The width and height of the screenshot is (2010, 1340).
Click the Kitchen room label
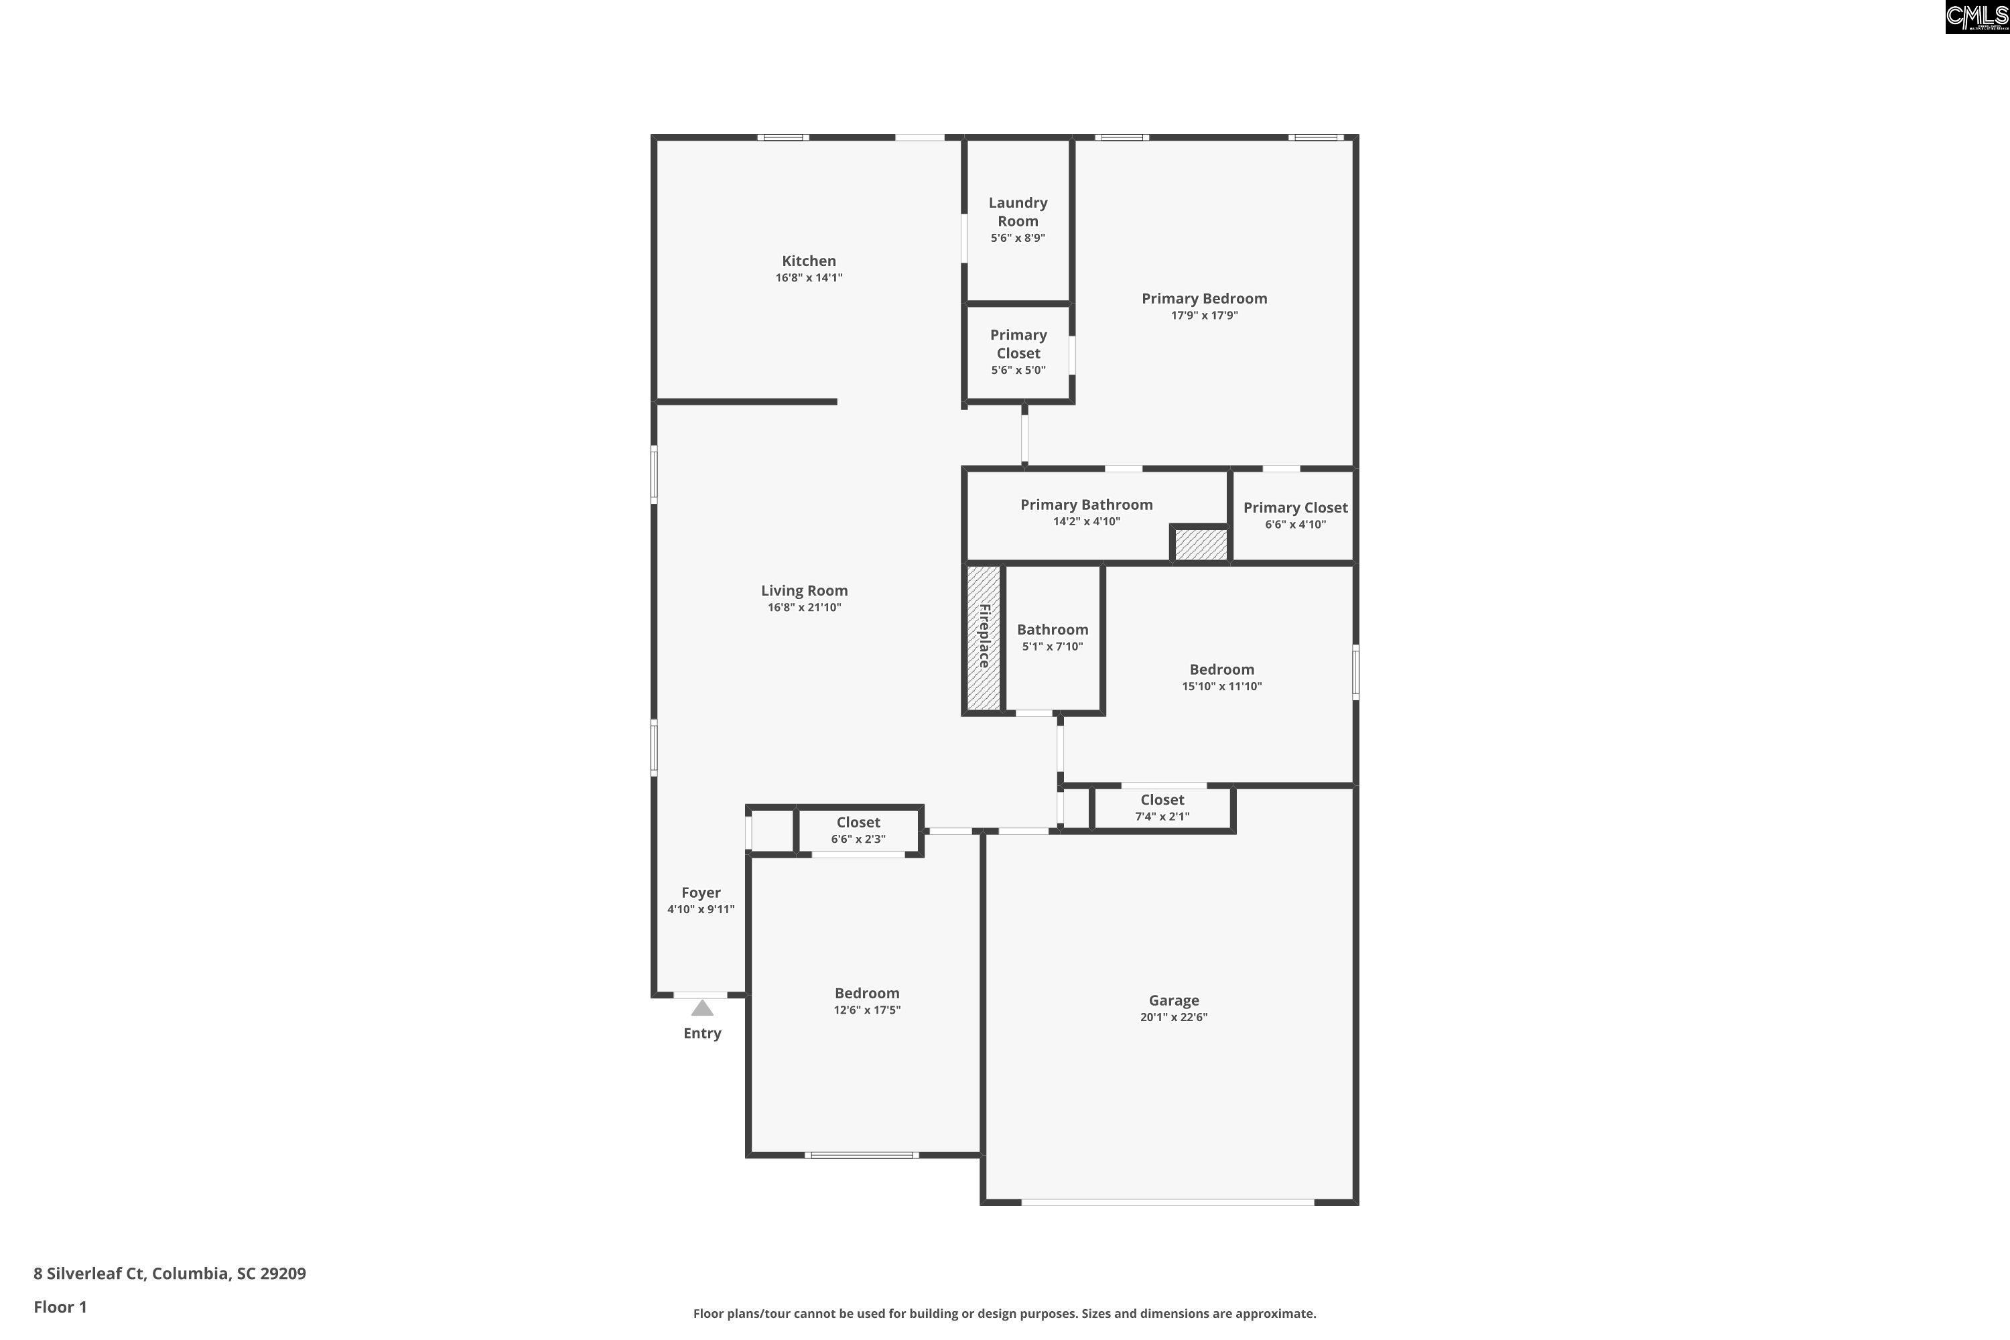pos(809,261)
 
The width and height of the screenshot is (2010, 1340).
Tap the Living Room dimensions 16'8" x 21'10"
pos(804,608)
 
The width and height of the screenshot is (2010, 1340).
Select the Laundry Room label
pos(1018,211)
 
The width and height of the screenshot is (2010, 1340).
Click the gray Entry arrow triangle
pos(701,1008)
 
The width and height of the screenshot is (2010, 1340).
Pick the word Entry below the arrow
pos(702,1033)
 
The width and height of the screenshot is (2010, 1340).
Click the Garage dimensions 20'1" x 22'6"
pos(1173,1017)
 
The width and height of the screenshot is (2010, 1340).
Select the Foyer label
pos(701,892)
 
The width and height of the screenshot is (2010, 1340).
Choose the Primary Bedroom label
pos(1204,298)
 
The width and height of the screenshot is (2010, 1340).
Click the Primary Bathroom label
pos(1086,505)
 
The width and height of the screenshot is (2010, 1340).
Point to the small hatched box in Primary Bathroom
pos(1200,544)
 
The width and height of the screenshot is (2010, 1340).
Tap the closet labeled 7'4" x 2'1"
pos(1162,807)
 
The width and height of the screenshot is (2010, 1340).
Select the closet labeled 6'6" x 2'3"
pos(858,830)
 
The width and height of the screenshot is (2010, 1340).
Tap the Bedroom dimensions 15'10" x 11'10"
pos(1222,686)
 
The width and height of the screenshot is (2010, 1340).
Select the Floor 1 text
pos(60,1306)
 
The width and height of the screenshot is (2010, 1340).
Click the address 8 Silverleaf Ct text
pos(89,1274)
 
